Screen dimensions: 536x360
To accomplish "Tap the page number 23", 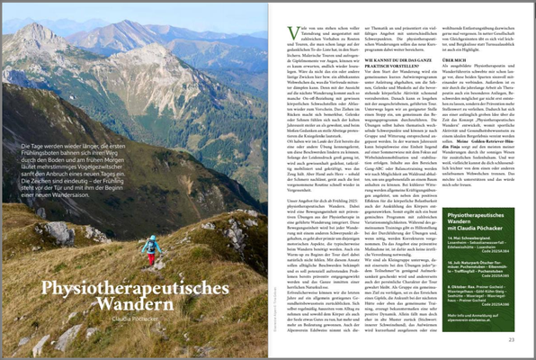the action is click(x=510, y=339).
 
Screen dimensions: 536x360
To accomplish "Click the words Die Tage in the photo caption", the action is click(x=34, y=145).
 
